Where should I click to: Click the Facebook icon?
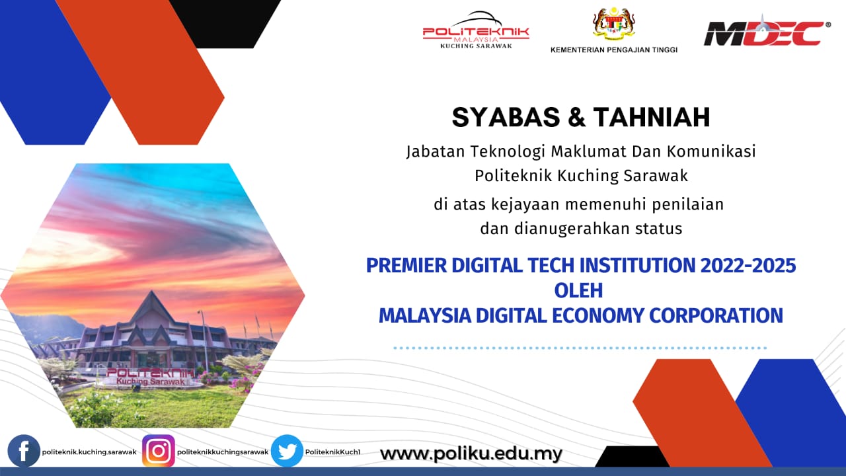pos(24,451)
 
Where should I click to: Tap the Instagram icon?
pos(159,451)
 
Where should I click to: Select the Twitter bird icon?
pos(287,451)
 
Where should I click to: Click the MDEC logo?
pos(767,32)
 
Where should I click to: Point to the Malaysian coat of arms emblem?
pos(614,23)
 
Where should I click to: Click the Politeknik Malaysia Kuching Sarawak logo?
pos(476,30)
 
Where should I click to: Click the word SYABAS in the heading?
pos(506,117)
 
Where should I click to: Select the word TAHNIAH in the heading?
pos(652,117)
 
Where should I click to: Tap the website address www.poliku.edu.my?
pos(471,454)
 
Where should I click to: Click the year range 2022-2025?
pos(748,265)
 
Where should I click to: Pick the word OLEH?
pos(578,290)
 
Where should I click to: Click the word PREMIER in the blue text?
pos(406,265)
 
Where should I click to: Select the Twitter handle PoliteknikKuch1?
pos(332,452)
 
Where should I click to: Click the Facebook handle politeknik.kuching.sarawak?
pos(89,452)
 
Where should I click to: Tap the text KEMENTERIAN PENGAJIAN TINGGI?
pos(614,50)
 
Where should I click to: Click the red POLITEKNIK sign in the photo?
pos(150,373)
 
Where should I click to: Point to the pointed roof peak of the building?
pos(151,291)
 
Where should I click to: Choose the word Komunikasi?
pos(711,151)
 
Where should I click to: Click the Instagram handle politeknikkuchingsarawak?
pos(223,452)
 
